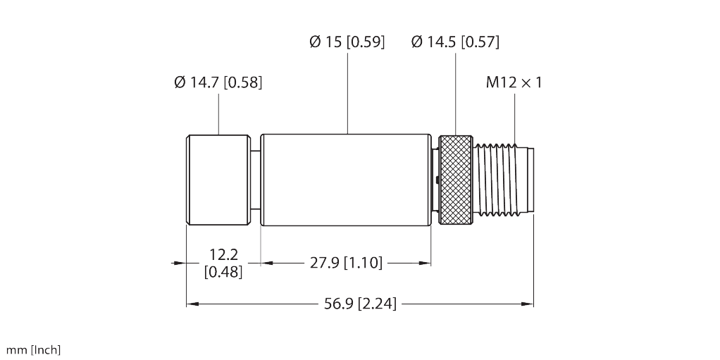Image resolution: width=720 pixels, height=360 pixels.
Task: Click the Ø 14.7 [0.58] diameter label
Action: point(218,82)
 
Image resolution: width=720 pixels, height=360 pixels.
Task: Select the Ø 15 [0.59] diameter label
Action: point(347,42)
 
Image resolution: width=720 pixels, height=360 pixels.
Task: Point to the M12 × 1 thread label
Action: point(514,82)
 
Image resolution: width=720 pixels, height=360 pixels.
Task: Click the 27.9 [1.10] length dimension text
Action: point(346,263)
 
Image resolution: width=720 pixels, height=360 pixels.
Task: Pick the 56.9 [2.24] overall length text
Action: point(359,304)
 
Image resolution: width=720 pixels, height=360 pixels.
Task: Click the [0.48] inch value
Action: point(222,271)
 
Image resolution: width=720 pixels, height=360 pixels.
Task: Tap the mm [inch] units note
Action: point(34,349)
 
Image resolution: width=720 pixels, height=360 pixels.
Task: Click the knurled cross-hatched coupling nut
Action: point(457,180)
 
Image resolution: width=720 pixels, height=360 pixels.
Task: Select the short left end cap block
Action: point(218,180)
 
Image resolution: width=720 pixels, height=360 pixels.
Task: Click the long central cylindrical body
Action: point(346,180)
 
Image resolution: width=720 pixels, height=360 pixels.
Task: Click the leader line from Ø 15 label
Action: point(347,92)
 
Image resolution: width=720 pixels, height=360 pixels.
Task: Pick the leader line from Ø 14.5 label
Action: point(455,92)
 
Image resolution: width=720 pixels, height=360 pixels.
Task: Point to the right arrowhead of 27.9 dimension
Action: point(426,263)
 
